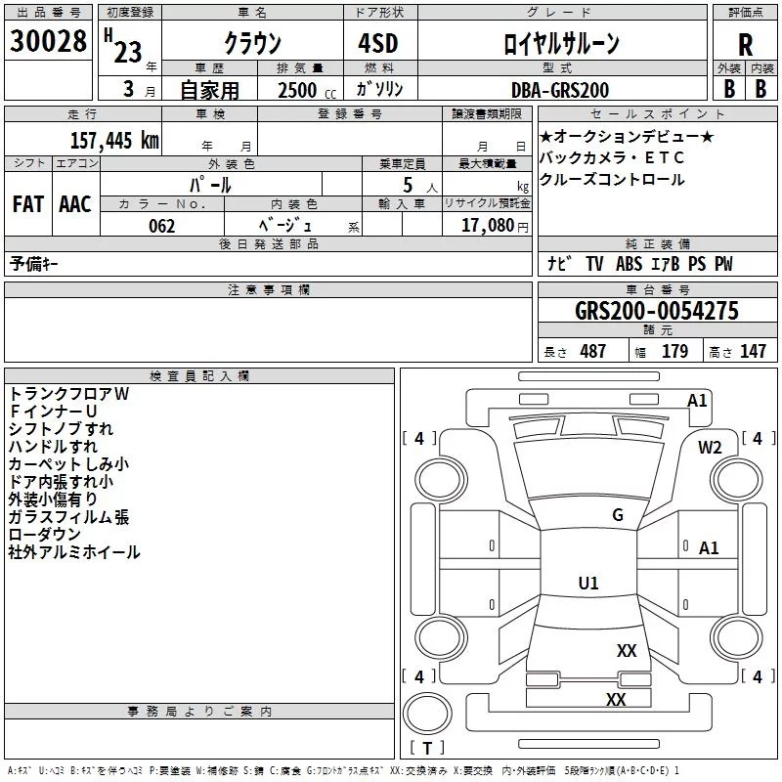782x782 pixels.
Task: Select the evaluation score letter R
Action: (x=746, y=44)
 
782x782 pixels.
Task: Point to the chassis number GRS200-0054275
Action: (x=656, y=311)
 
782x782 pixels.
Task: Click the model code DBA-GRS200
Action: (x=560, y=90)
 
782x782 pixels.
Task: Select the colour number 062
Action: (x=162, y=226)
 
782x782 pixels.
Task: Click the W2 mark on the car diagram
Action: (x=710, y=447)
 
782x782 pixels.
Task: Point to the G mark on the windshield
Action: (x=617, y=515)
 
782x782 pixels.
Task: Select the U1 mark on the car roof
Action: (x=588, y=583)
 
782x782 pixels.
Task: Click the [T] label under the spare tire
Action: (x=426, y=749)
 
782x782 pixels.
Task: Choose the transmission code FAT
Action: (x=27, y=203)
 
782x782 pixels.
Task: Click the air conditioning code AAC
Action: (x=74, y=203)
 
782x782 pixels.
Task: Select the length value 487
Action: (x=592, y=352)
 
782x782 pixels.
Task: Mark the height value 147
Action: (x=753, y=352)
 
